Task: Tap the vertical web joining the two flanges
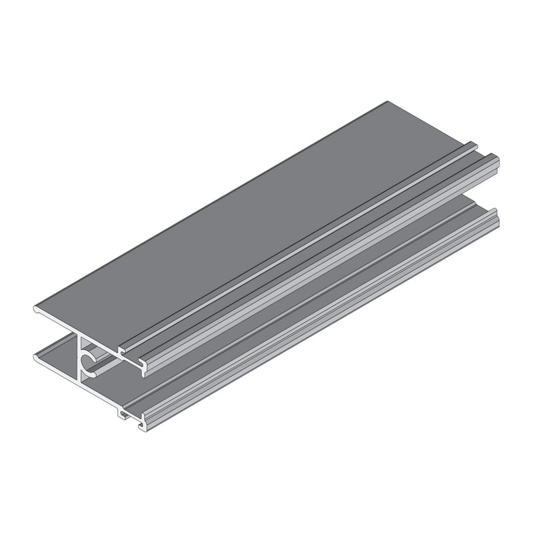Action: tap(80, 360)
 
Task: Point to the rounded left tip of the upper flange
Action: tap(36, 309)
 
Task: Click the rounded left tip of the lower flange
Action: tap(36, 358)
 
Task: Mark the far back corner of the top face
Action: tap(388, 102)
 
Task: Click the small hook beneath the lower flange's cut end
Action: tap(123, 414)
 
